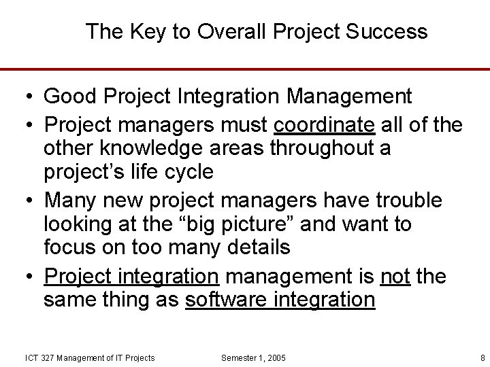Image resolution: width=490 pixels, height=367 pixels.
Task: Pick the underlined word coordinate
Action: pyautogui.click(x=323, y=125)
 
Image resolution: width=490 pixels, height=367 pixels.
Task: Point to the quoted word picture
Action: pyautogui.click(x=260, y=224)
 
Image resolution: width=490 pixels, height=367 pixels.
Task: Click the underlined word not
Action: pyautogui.click(x=395, y=276)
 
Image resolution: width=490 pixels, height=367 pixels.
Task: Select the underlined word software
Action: pyautogui.click(x=226, y=300)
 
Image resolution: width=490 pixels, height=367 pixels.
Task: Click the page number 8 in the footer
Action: pyautogui.click(x=482, y=358)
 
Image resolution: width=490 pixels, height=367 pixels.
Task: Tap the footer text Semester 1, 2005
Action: pyautogui.click(x=254, y=358)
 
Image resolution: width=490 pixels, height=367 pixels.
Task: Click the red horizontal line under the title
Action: pyautogui.click(x=245, y=69)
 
